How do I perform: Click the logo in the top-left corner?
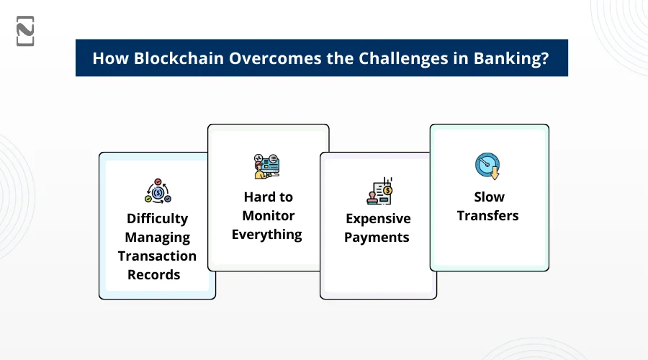(x=25, y=31)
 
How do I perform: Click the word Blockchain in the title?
(x=179, y=58)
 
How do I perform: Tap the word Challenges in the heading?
(x=403, y=59)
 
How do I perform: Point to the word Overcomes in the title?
(x=275, y=58)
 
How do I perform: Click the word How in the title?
(x=111, y=58)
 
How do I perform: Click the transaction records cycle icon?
(x=158, y=191)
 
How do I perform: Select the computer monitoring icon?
(x=266, y=166)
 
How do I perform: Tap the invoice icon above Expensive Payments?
(x=379, y=191)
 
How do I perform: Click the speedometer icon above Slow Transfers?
(x=487, y=166)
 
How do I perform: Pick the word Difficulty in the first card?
(x=157, y=219)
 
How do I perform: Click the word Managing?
(x=158, y=238)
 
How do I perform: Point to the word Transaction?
(x=157, y=256)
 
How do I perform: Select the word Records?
(x=154, y=275)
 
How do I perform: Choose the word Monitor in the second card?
(x=269, y=216)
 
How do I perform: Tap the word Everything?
(x=266, y=235)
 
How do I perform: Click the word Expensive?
(x=378, y=219)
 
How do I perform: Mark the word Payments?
(x=377, y=238)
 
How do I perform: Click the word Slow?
(x=490, y=197)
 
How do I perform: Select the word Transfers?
(x=487, y=216)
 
